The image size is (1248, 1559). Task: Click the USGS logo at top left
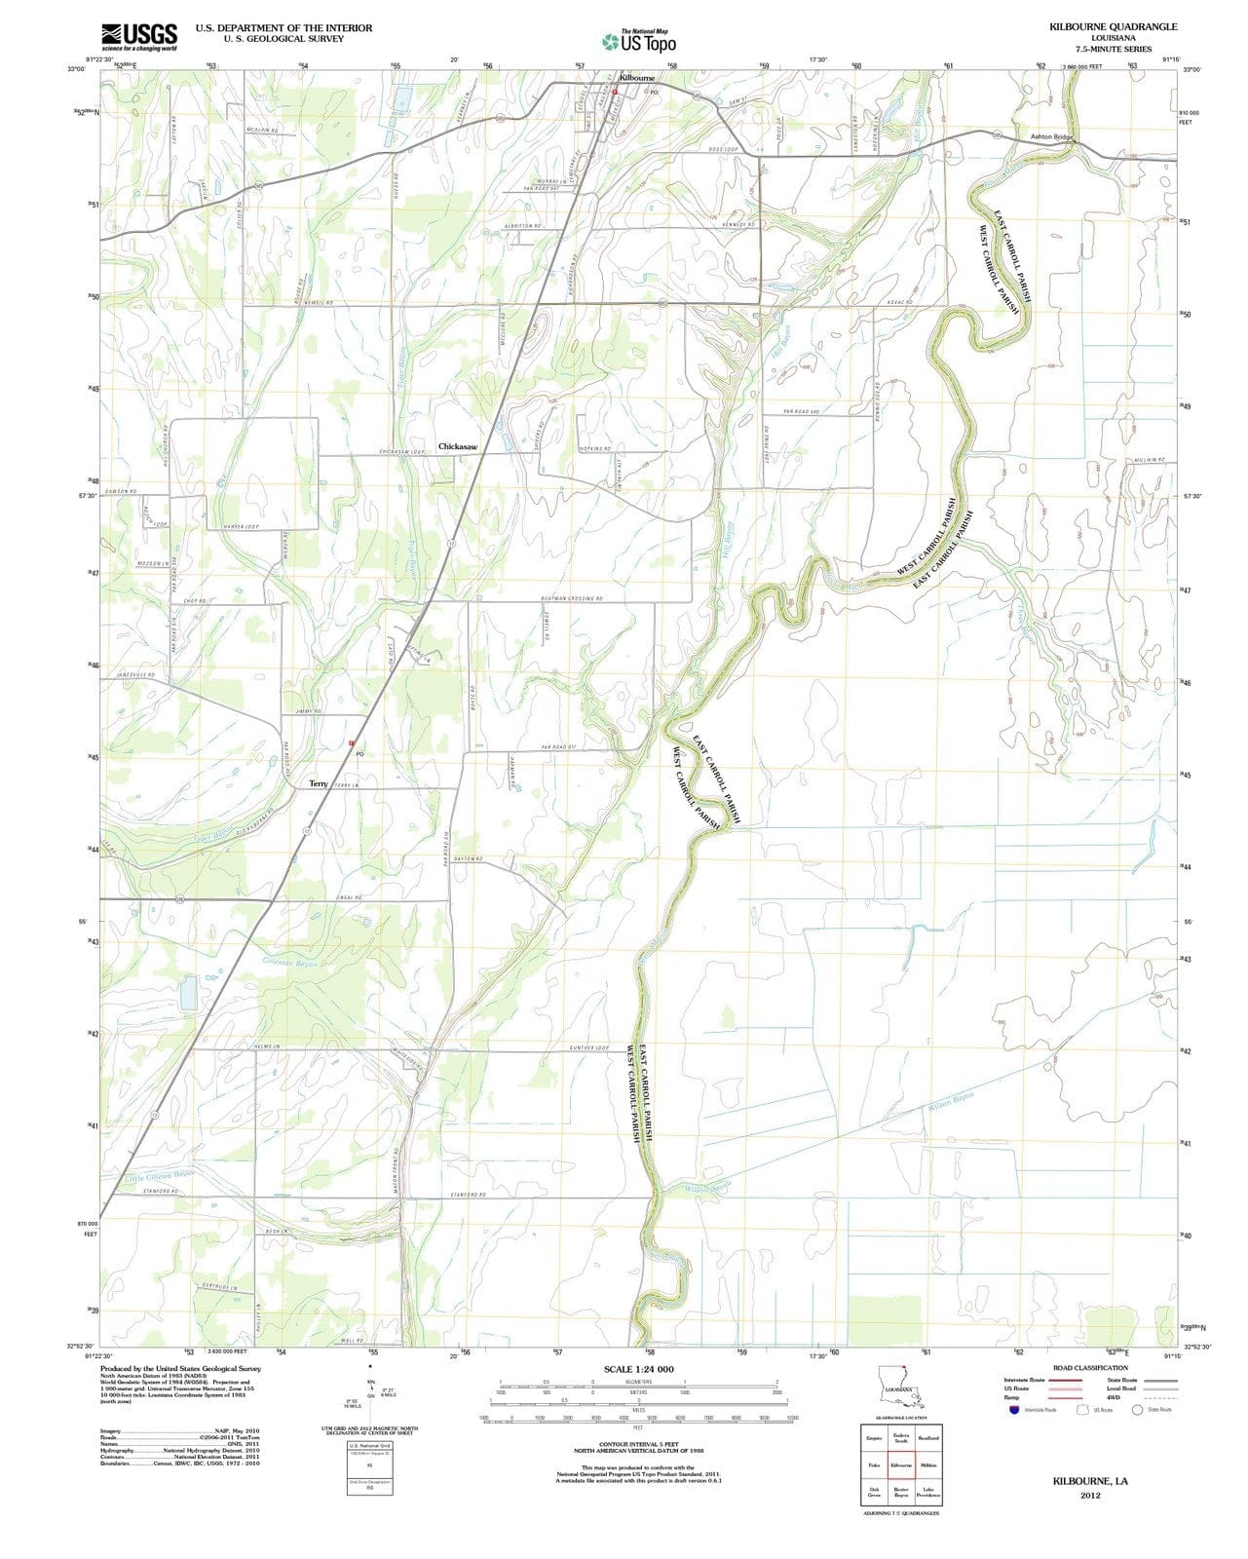[137, 36]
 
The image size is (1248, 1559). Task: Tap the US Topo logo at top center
[638, 42]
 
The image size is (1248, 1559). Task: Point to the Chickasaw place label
[458, 446]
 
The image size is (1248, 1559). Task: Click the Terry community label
[319, 783]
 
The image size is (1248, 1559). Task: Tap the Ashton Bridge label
[1051, 137]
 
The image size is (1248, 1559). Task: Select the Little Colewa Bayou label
[160, 1177]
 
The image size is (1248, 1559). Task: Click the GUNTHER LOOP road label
[589, 1048]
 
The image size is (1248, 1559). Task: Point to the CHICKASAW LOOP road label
[402, 452]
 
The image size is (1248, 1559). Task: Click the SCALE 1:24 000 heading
[638, 1369]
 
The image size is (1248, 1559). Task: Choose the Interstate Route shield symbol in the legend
[1013, 1410]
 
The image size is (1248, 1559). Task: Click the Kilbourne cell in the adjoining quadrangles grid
[901, 1465]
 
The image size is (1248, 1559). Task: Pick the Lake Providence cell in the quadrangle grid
[928, 1492]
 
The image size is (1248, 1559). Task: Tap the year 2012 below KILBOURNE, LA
[1089, 1496]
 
